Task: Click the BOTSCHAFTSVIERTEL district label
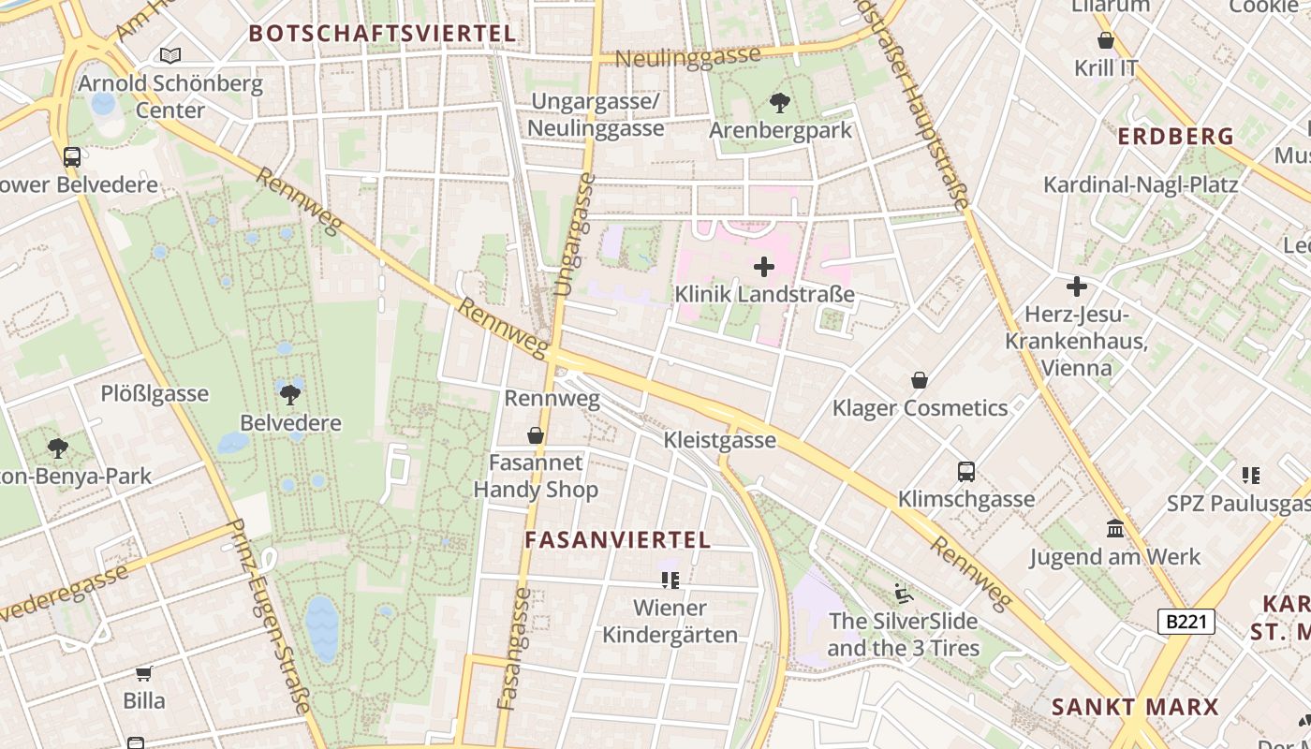point(382,34)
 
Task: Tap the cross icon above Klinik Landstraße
point(764,267)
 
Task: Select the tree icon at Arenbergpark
point(779,102)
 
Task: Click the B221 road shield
point(1186,622)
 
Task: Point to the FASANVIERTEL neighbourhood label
point(618,540)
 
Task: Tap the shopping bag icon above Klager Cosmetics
point(920,380)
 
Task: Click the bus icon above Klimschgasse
point(966,472)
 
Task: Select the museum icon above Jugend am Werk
point(1114,529)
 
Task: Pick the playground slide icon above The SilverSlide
point(903,593)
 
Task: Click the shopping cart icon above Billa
point(144,673)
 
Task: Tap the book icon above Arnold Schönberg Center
point(169,55)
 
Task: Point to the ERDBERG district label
point(1176,137)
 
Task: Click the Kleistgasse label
point(719,440)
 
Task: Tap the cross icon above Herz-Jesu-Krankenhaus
point(1077,286)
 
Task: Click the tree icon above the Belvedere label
point(290,394)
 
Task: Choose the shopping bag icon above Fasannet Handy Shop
point(536,435)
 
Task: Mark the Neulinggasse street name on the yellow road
point(688,56)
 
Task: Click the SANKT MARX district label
point(1135,707)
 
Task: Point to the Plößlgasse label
point(155,393)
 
